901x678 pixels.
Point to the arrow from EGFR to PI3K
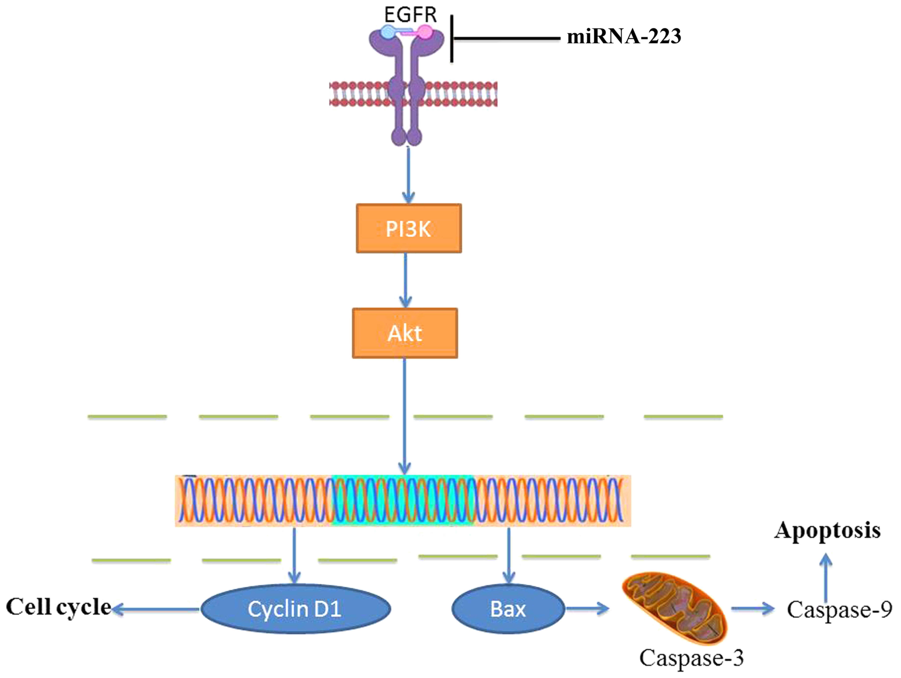click(409, 175)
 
